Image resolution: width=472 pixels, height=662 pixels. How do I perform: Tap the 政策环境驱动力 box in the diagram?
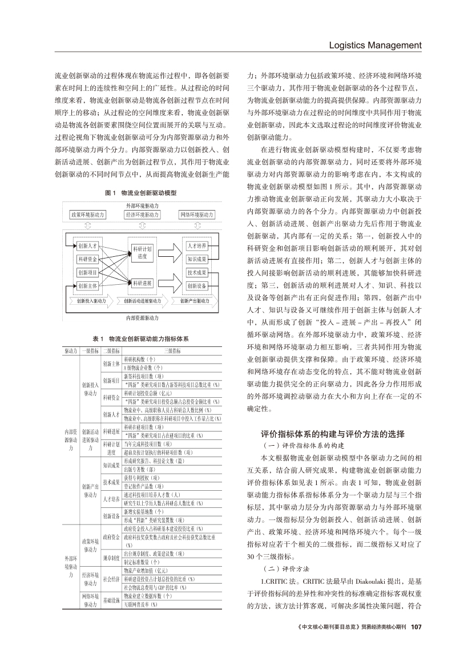[x=87, y=215]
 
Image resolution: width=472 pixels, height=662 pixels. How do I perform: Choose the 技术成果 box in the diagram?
[x=197, y=272]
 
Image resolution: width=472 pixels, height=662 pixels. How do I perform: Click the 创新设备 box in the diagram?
[x=197, y=286]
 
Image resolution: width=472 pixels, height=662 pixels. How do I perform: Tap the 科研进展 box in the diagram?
[x=142, y=281]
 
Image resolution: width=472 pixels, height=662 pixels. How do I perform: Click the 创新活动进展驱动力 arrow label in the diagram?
[x=142, y=300]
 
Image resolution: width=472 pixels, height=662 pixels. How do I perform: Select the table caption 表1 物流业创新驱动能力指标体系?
[x=140, y=338]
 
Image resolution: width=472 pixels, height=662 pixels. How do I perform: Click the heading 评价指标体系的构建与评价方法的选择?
[x=333, y=434]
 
